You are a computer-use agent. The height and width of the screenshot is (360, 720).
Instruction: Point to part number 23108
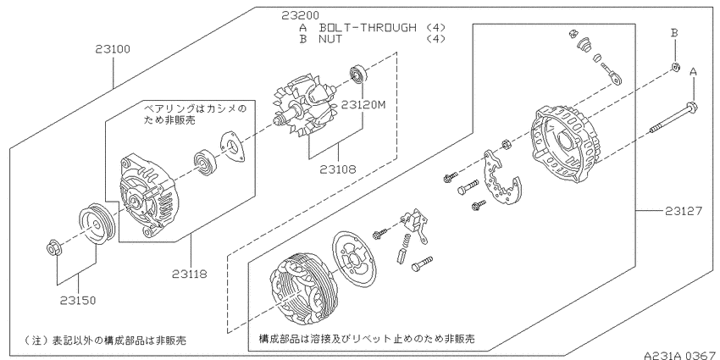(x=338, y=169)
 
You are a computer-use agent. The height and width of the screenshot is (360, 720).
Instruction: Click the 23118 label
(x=190, y=274)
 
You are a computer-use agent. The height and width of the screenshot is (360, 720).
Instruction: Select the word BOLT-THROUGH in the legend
(x=368, y=27)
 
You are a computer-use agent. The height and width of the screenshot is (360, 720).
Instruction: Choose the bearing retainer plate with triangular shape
(x=231, y=147)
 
